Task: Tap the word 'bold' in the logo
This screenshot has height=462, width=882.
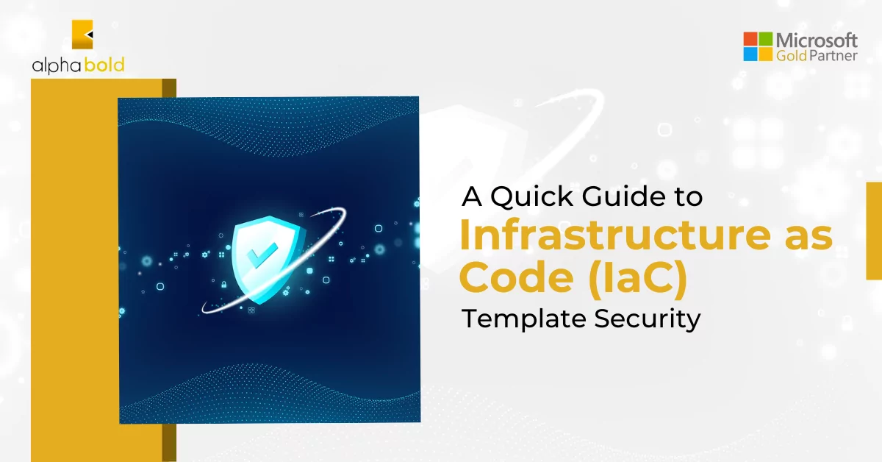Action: (104, 64)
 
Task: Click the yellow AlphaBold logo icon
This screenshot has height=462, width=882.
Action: (82, 35)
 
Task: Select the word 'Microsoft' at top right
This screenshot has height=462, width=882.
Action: (817, 40)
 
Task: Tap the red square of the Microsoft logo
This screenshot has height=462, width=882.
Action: (750, 39)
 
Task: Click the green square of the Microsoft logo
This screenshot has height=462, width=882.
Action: (765, 39)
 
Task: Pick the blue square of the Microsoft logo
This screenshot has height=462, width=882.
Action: (750, 54)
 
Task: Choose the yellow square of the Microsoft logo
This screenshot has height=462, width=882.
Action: (765, 54)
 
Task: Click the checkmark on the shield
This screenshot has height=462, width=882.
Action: (262, 255)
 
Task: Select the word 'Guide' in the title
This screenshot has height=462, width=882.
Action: (624, 196)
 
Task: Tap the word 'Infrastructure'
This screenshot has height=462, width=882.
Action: (614, 235)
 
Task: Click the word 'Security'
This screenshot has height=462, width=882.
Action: (648, 319)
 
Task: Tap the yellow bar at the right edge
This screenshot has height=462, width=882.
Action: (874, 231)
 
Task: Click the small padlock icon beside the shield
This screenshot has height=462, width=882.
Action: (224, 284)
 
